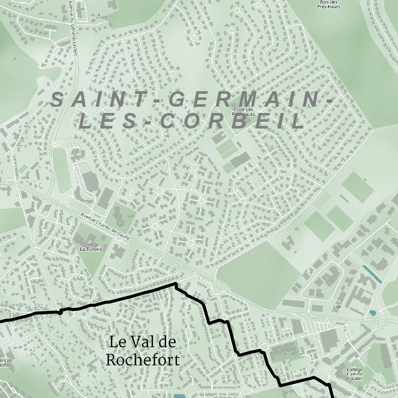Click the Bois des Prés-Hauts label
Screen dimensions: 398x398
tap(330, 4)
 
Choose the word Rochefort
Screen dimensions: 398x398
tap(143, 360)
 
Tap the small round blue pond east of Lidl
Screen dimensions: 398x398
tap(372, 314)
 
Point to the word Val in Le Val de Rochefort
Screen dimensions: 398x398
tap(144, 343)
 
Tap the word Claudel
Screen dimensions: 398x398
tap(354, 379)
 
